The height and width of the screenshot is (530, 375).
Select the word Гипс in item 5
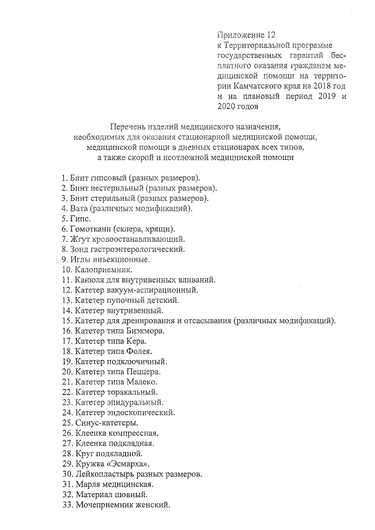point(81,218)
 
